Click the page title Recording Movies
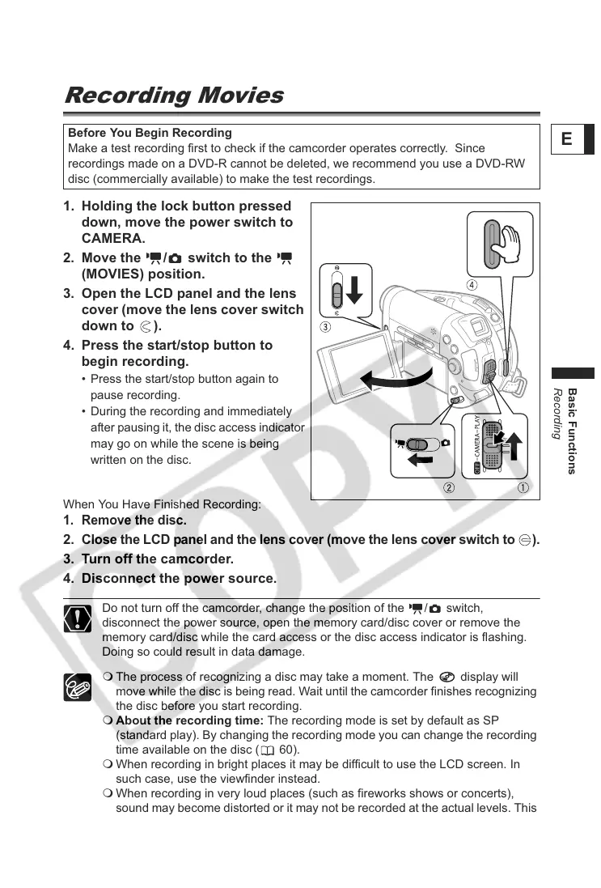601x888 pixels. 173,96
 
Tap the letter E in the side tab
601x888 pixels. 566,139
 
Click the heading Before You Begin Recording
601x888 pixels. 150,133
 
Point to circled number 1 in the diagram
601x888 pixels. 523,487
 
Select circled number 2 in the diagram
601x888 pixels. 448,487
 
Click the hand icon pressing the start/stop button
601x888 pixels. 510,240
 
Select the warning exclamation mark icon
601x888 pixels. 77,619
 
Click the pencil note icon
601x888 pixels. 77,687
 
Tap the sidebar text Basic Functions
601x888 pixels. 573,431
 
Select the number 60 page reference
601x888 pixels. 286,750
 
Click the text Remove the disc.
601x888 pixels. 133,520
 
